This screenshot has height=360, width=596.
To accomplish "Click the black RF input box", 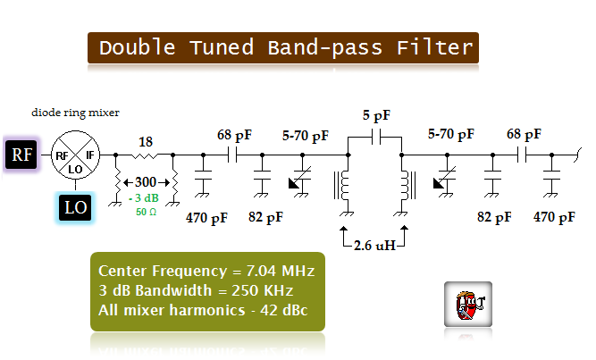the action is click(20, 155).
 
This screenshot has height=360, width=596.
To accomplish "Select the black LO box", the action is click(74, 207).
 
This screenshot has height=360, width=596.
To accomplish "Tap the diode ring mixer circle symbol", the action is click(74, 155).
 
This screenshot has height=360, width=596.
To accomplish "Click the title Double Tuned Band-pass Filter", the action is click(284, 47).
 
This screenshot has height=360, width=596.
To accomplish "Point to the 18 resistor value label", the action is click(146, 141).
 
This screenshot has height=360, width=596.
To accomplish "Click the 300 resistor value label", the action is click(145, 181).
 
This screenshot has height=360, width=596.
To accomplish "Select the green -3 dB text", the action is click(144, 197).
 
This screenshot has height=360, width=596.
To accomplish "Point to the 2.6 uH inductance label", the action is click(374, 244).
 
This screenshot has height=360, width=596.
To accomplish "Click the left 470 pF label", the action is click(207, 216).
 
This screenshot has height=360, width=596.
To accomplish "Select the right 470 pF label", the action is click(555, 216).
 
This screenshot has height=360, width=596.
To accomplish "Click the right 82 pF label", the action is click(494, 216).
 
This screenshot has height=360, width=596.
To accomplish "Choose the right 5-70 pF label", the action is click(452, 136).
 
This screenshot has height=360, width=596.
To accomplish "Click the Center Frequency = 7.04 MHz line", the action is click(206, 271).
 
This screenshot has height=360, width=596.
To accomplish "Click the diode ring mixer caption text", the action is click(75, 113).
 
